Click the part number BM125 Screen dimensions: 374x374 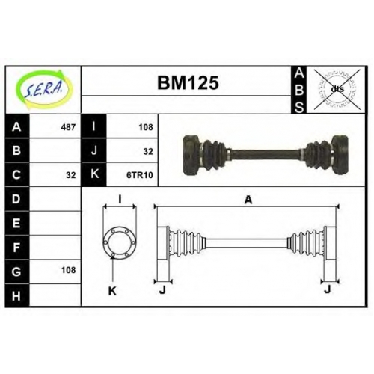(188, 82)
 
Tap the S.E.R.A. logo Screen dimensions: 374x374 (44, 89)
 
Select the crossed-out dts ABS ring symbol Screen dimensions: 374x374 (337, 89)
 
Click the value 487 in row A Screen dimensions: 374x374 (68, 127)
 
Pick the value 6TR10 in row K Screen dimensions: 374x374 (140, 175)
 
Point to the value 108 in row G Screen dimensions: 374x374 (68, 270)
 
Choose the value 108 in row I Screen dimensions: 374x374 (146, 127)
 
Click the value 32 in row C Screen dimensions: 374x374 (71, 175)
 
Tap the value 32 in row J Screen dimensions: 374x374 (148, 151)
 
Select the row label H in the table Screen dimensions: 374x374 (16, 296)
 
